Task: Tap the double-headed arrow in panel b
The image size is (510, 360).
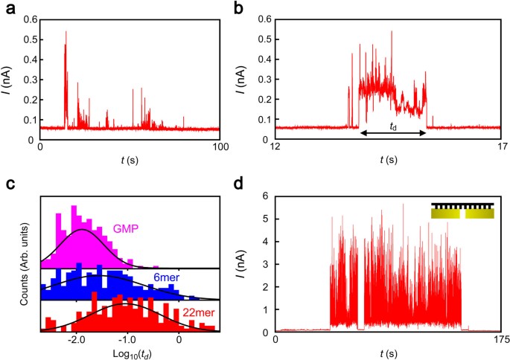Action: click(392, 133)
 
